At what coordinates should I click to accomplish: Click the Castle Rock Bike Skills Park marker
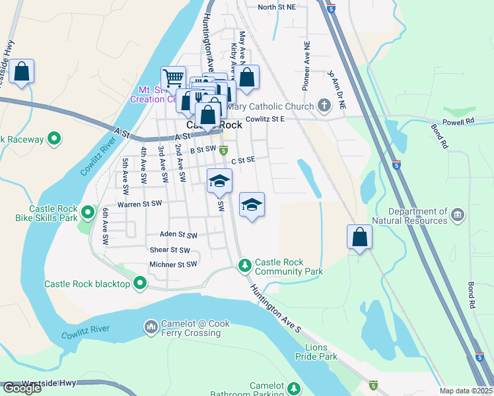(88, 213)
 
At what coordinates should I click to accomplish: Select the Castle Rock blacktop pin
(139, 284)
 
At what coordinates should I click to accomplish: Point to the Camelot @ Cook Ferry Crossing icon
(151, 326)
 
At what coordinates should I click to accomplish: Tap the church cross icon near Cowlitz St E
(324, 106)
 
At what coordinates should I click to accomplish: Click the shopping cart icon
(173, 79)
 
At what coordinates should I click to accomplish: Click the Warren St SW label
(139, 205)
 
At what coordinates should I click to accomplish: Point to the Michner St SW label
(173, 264)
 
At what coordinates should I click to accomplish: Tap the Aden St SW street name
(178, 234)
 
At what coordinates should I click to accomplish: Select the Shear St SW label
(170, 250)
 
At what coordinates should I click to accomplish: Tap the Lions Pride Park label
(321, 351)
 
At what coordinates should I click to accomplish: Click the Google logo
(22, 388)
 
